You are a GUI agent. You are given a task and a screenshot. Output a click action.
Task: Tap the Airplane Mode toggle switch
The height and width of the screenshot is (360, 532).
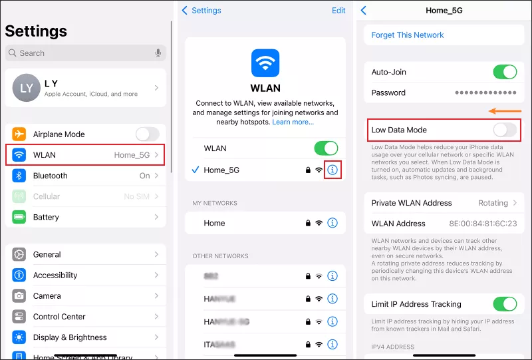pyautogui.click(x=147, y=134)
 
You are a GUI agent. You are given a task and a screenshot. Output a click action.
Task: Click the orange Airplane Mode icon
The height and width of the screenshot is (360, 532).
pyautogui.click(x=19, y=134)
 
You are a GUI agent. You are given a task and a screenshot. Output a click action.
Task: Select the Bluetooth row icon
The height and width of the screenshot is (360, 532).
pyautogui.click(x=19, y=176)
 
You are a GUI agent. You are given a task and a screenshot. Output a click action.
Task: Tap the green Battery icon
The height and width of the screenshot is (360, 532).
pyautogui.click(x=19, y=217)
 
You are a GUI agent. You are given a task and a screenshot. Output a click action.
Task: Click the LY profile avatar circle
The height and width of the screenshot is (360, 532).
pyautogui.click(x=27, y=88)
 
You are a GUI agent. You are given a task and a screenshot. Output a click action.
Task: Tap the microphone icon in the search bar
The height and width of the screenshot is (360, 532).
pyautogui.click(x=158, y=53)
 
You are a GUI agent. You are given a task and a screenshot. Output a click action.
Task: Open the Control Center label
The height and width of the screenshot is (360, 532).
pyautogui.click(x=59, y=317)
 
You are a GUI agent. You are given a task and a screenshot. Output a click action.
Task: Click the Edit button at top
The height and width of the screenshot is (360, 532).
pyautogui.click(x=338, y=11)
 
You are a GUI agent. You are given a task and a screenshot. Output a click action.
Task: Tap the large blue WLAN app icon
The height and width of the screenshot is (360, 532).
pyautogui.click(x=265, y=64)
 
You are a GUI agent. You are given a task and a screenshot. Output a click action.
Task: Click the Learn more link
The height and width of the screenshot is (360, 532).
pyautogui.click(x=293, y=122)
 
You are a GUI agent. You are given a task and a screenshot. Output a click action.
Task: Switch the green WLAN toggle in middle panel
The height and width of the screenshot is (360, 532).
pyautogui.click(x=326, y=148)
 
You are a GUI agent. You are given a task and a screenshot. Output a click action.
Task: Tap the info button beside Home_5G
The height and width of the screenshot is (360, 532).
pyautogui.click(x=333, y=170)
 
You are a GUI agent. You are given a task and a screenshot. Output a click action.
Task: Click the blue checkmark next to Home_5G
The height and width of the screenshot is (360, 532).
pyautogui.click(x=195, y=170)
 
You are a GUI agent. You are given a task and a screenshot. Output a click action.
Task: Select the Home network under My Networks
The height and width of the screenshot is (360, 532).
pyautogui.click(x=215, y=223)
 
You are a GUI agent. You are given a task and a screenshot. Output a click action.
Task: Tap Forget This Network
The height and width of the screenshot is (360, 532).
pyautogui.click(x=408, y=35)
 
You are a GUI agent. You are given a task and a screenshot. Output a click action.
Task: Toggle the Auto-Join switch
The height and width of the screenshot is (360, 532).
pyautogui.click(x=505, y=72)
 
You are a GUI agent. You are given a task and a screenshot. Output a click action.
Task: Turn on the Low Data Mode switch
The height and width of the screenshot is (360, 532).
pyautogui.click(x=505, y=130)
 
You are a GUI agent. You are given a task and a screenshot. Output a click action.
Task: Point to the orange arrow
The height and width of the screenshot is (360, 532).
pyautogui.click(x=505, y=111)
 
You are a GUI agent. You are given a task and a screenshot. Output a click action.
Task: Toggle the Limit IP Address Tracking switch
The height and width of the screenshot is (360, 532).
pyautogui.click(x=505, y=304)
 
